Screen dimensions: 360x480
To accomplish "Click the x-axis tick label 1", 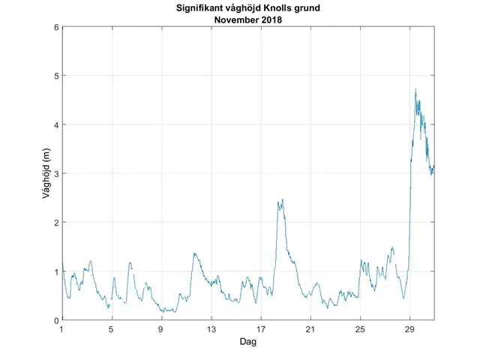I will pyautogui.click(x=62, y=328).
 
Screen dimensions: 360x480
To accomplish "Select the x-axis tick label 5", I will pyautogui.click(x=112, y=328).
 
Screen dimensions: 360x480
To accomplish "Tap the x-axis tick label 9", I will pyautogui.click(x=161, y=328).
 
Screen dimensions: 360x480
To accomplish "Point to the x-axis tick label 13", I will pyautogui.click(x=211, y=328).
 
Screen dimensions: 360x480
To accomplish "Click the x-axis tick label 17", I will pyautogui.click(x=261, y=328).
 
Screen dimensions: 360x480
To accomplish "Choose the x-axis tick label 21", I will pyautogui.click(x=310, y=328).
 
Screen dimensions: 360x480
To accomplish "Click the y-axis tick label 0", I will pyautogui.click(x=56, y=320).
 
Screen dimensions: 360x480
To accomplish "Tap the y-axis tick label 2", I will pyautogui.click(x=56, y=223).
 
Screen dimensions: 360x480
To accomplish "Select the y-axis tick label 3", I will pyautogui.click(x=56, y=173).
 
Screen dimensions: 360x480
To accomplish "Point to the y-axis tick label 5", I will pyautogui.click(x=56, y=76).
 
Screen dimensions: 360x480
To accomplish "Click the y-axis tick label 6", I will pyautogui.click(x=56, y=27).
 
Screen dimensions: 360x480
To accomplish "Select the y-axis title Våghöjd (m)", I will pyautogui.click(x=46, y=173).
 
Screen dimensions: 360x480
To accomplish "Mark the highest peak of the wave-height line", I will pyautogui.click(x=415, y=88).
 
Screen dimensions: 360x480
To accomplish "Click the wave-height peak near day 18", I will pyautogui.click(x=283, y=199).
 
